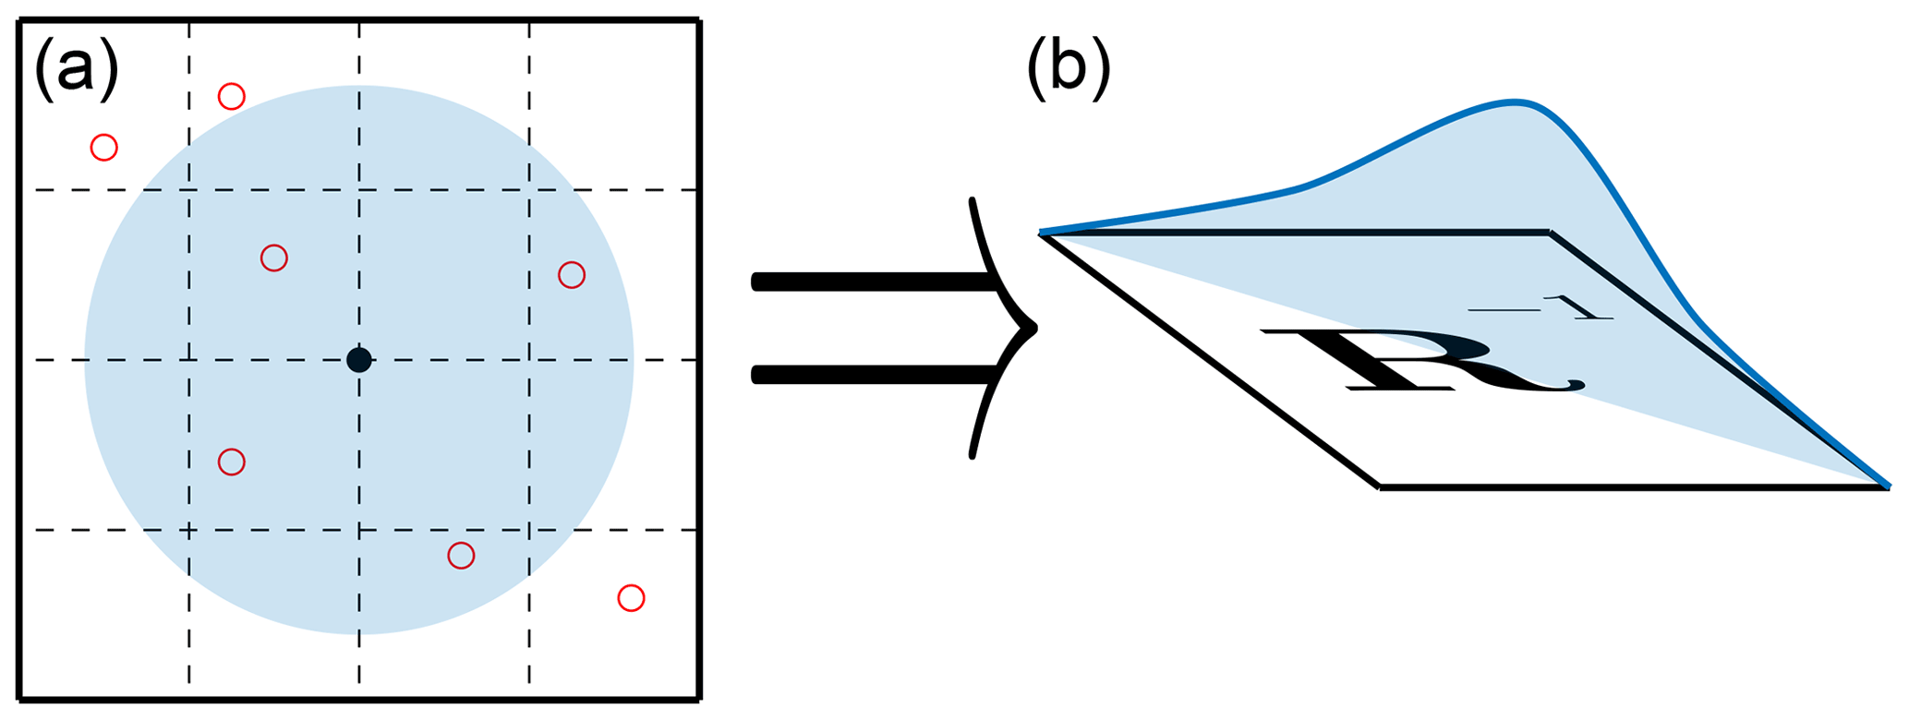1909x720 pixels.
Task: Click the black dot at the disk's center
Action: click(x=359, y=360)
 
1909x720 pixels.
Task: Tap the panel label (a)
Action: click(x=76, y=71)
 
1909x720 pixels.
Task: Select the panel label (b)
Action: click(x=1068, y=71)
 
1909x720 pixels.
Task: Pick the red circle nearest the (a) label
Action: click(x=104, y=148)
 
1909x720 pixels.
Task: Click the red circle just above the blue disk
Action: click(x=231, y=96)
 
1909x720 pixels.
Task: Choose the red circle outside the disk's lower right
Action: click(x=631, y=598)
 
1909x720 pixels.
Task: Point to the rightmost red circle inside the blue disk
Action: click(x=572, y=275)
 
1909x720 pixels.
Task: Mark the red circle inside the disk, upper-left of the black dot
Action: click(x=274, y=258)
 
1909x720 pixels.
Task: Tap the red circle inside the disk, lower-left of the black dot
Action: click(x=231, y=462)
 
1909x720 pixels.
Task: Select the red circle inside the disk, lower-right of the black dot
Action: click(x=461, y=556)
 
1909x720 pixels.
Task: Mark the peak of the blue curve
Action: click(x=1516, y=101)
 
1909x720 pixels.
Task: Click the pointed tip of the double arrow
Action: click(x=1034, y=327)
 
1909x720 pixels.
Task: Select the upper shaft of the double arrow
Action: click(x=868, y=282)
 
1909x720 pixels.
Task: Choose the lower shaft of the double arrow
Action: click(x=868, y=374)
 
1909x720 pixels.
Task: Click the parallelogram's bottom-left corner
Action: click(x=1380, y=486)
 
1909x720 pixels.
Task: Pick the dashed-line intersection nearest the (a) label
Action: click(x=189, y=190)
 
